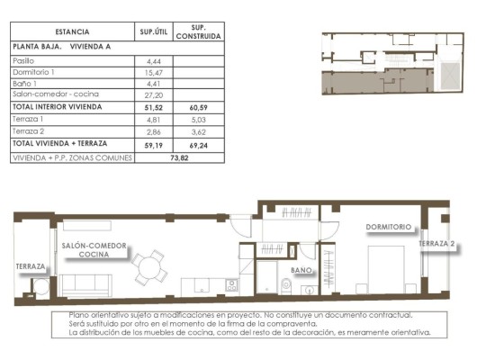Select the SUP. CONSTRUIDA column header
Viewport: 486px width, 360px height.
[198, 32]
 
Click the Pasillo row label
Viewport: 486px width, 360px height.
[24, 59]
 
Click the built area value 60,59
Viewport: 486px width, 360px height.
[198, 106]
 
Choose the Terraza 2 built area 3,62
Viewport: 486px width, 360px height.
[198, 130]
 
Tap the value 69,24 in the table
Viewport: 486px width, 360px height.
[198, 143]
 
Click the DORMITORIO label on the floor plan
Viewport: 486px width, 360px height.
[388, 227]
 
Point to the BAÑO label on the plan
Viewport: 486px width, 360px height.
[301, 270]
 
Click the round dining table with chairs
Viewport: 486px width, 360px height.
[149, 267]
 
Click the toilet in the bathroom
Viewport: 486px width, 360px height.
[285, 286]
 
